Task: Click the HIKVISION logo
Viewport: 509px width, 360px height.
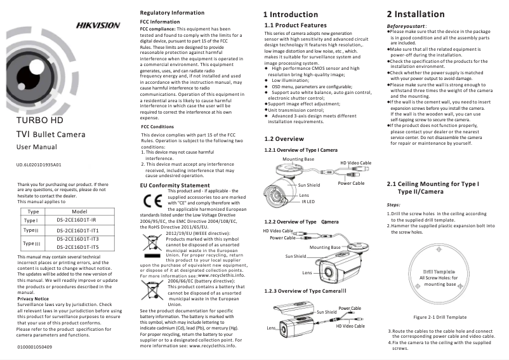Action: tap(98, 25)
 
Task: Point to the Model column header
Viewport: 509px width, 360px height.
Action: tap(80, 211)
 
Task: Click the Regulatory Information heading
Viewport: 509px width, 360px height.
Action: tap(172, 13)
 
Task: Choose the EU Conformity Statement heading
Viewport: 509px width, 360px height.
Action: tap(175, 185)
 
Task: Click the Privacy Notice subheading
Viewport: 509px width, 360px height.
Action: tap(33, 298)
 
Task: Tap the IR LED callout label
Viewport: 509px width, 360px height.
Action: tap(308, 201)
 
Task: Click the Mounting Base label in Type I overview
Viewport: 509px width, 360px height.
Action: tap(298, 159)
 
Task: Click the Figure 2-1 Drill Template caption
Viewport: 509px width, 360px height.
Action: tap(440, 316)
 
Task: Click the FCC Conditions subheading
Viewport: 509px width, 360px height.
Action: tap(157, 127)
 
